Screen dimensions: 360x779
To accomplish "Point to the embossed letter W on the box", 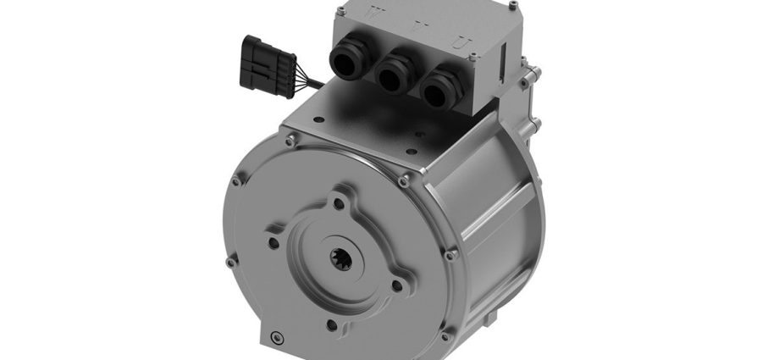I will click(x=355, y=14).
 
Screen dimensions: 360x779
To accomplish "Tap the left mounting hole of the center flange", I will click(x=273, y=243).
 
